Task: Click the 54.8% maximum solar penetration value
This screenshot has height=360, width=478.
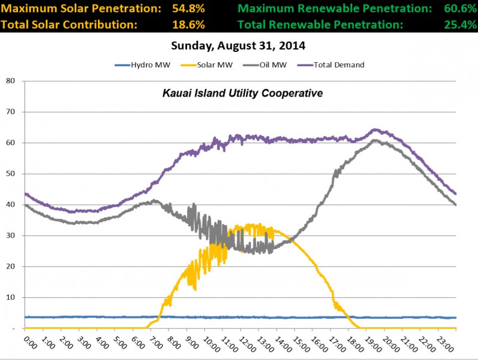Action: click(189, 10)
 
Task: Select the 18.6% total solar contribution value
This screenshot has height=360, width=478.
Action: click(189, 25)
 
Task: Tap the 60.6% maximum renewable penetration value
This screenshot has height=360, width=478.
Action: click(454, 10)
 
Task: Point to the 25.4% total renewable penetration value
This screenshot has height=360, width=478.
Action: click(454, 25)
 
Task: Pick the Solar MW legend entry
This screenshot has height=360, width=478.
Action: click(219, 64)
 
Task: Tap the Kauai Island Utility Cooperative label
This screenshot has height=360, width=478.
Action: click(238, 94)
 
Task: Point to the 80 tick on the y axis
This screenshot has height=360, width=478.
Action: click(10, 81)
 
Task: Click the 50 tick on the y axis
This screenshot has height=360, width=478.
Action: click(10, 174)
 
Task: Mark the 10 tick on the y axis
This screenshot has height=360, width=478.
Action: click(10, 297)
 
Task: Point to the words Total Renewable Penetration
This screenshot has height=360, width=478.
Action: click(320, 25)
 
